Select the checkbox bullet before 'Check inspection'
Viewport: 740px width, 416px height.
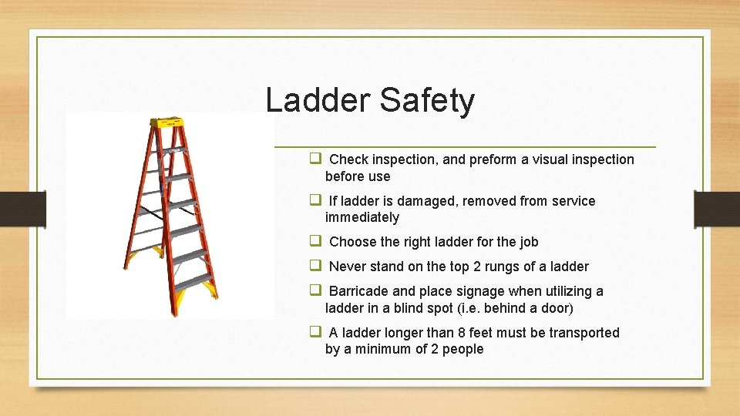coord(315,159)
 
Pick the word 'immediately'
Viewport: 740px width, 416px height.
coord(362,217)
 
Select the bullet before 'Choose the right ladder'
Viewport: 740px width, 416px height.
coord(315,241)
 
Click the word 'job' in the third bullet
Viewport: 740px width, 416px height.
coord(529,242)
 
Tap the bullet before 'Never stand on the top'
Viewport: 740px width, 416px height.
coord(315,267)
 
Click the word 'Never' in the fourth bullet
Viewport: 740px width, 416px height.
coord(348,267)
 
